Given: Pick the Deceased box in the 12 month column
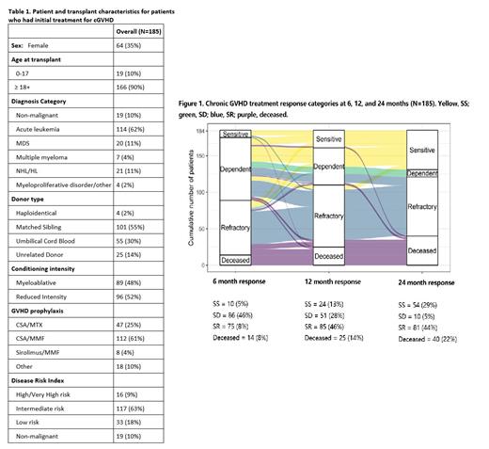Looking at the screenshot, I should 329,254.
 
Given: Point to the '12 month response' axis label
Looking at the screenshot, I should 329,281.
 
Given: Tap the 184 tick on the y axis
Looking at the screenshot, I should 213,131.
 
